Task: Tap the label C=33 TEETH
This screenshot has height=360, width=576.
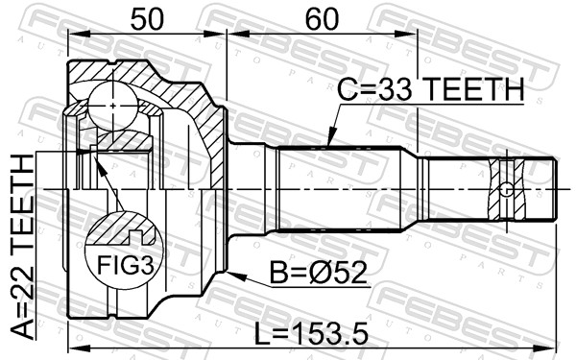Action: click(430, 89)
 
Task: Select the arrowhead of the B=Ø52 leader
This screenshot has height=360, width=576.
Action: click(231, 276)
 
